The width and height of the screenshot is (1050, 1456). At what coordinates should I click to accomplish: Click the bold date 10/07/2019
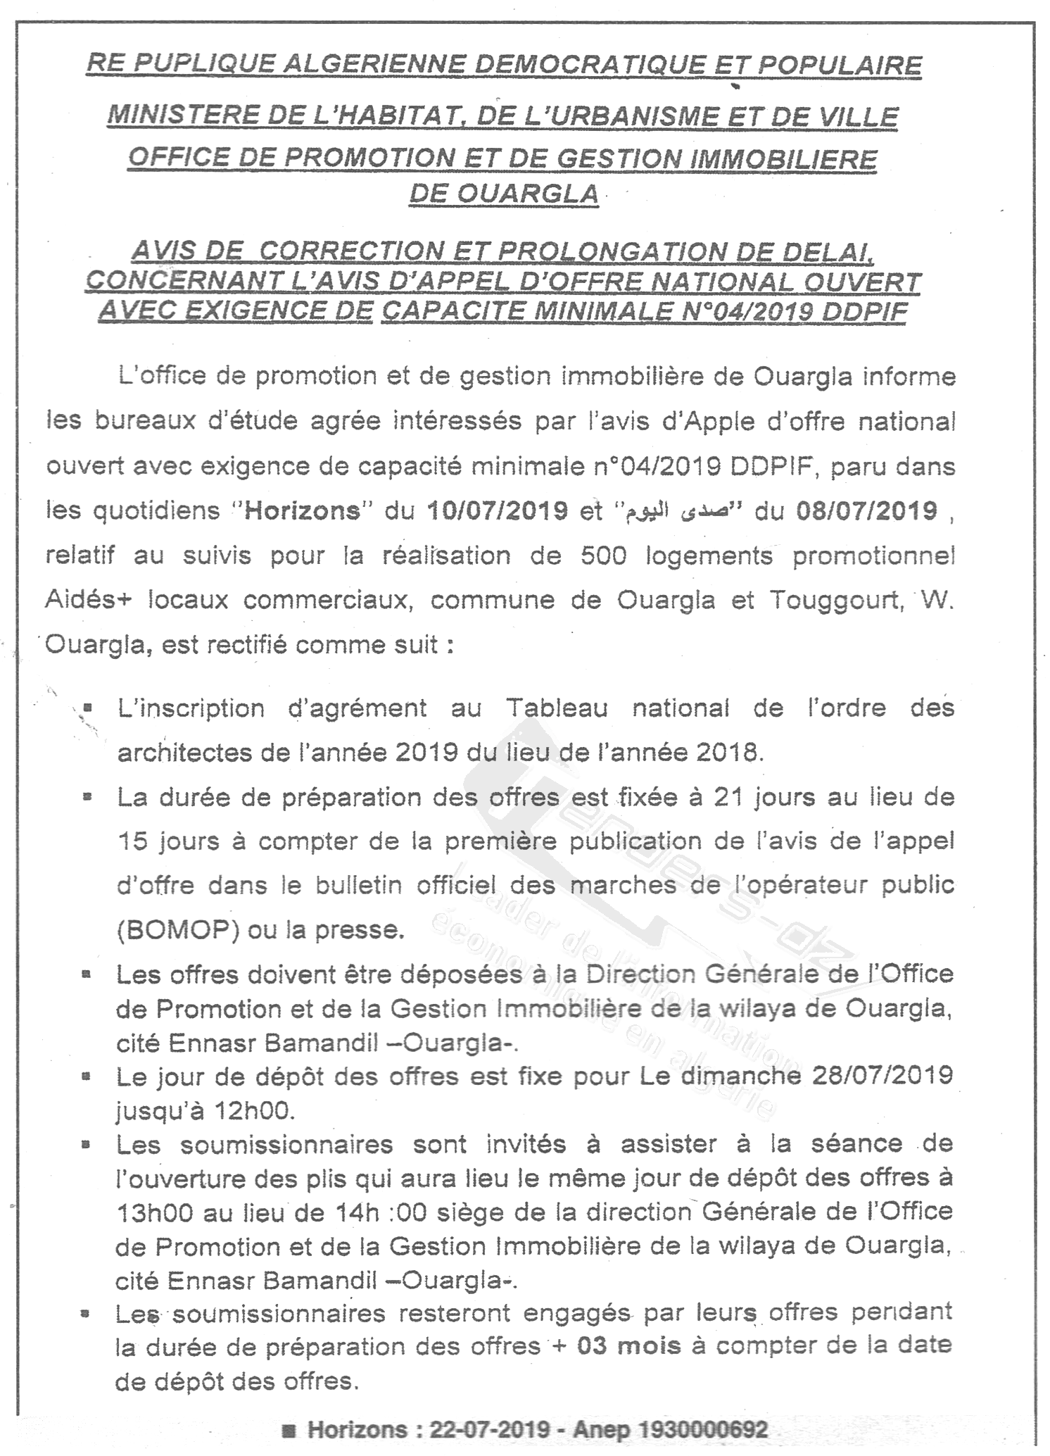coord(498,510)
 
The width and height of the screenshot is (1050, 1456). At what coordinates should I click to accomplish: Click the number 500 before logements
coord(604,556)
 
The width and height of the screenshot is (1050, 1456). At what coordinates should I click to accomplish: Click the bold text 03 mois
coord(628,1346)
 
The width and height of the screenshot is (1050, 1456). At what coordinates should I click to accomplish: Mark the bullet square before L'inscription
coord(88,705)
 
